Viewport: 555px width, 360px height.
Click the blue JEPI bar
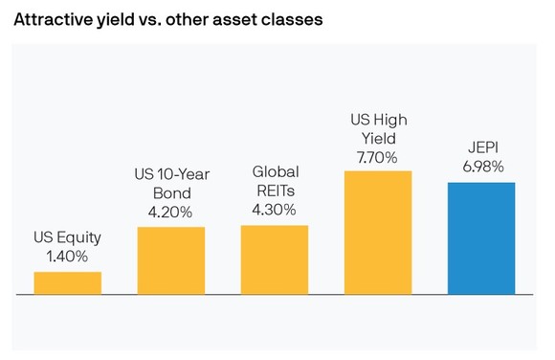click(481, 238)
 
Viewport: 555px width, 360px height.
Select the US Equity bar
click(68, 283)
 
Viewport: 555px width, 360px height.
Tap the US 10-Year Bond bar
click(171, 260)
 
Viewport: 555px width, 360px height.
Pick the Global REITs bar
click(275, 259)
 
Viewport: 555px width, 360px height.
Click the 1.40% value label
click(68, 257)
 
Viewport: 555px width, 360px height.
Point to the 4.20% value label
click(171, 211)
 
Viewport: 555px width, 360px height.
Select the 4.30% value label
click(275, 209)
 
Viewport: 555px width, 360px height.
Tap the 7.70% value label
click(378, 154)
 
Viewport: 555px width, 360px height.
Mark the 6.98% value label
click(481, 167)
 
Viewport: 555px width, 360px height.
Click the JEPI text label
click(481, 148)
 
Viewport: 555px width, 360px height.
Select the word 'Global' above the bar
click(275, 172)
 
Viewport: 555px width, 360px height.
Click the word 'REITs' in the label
click(275, 191)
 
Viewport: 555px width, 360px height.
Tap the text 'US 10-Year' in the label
click(171, 174)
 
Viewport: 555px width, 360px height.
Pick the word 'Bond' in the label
click(171, 192)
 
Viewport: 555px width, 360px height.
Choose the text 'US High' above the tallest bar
click(378, 118)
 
